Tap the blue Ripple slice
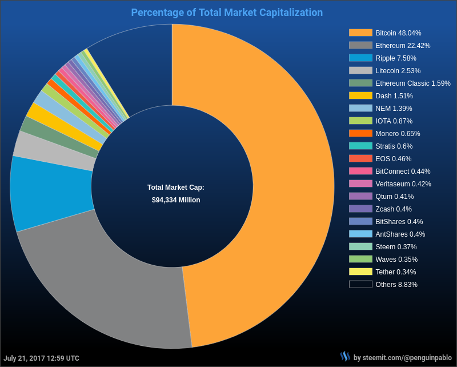click(49, 192)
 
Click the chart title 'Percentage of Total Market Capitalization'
click(227, 13)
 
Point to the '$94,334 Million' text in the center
click(176, 200)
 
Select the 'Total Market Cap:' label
click(175, 187)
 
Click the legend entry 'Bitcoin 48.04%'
click(398, 33)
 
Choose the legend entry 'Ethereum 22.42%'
click(403, 46)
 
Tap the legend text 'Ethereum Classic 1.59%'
click(412, 83)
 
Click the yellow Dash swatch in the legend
click(360, 95)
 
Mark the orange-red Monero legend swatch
click(360, 133)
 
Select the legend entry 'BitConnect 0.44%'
click(403, 171)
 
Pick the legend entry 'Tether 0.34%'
click(395, 272)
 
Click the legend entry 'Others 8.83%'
click(396, 285)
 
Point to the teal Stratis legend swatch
click(360, 146)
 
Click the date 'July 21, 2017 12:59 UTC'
click(42, 358)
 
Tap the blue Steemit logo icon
click(345, 357)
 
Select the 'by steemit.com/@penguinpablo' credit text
click(403, 358)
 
